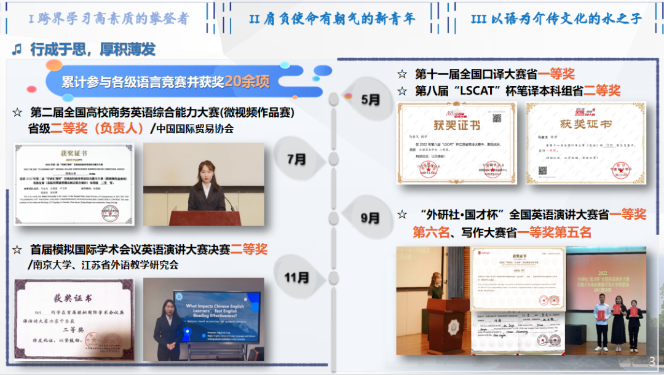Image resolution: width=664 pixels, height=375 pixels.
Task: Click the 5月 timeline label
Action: (370, 100)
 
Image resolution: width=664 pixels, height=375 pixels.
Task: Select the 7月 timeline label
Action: (296, 159)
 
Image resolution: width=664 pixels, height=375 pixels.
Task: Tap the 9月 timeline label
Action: (370, 218)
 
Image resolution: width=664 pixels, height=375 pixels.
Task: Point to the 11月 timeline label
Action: (296, 277)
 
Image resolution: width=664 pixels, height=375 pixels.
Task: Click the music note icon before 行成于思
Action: (17, 49)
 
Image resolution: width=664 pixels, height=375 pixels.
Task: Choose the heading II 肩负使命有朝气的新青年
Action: (331, 18)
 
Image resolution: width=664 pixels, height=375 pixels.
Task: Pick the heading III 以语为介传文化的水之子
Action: (556, 18)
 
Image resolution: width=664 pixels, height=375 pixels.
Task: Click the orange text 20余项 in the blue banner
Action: (247, 82)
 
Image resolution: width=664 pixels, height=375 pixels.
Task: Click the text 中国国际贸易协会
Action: (195, 129)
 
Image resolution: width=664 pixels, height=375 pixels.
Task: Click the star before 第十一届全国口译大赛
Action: (402, 74)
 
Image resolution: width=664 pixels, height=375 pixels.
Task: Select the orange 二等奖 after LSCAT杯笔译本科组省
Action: (602, 91)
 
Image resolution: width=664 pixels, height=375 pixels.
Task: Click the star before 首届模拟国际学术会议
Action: (17, 250)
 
